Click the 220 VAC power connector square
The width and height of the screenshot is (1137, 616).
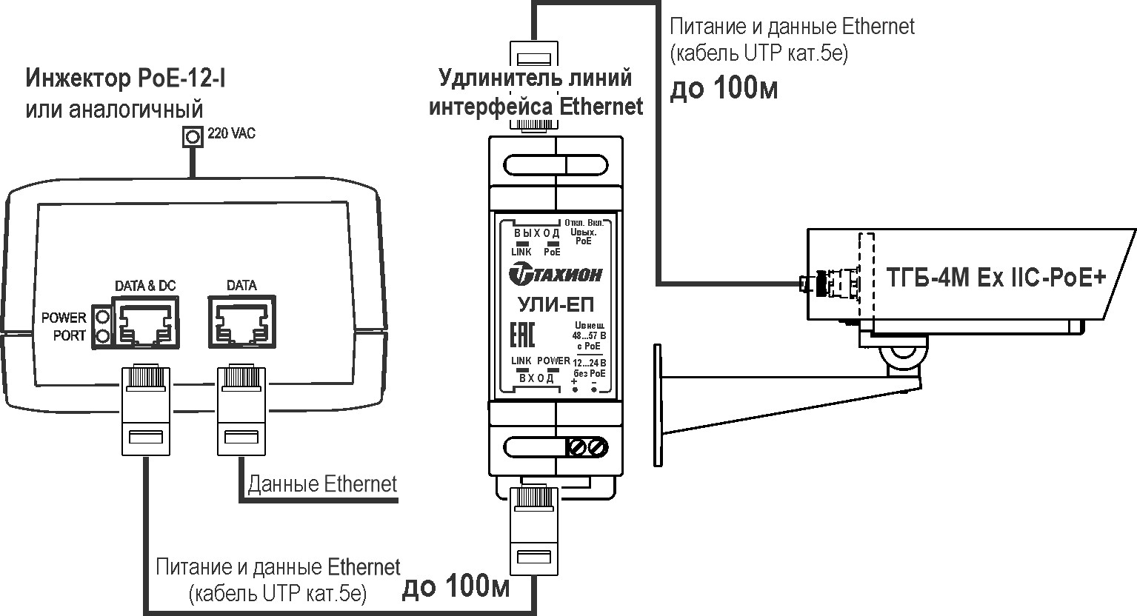pos(193,137)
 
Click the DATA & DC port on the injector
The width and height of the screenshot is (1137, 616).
pos(145,322)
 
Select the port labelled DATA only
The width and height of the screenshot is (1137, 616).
pos(241,322)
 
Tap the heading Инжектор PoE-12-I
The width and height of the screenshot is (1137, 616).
pos(126,78)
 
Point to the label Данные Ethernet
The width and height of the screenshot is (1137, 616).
pos(322,485)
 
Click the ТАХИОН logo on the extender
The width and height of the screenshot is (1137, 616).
pos(556,275)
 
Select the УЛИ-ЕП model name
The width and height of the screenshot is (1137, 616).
pos(556,304)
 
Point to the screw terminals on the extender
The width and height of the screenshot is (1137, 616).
pos(587,446)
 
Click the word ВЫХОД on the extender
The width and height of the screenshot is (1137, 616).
pos(536,233)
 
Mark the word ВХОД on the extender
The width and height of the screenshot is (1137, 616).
pos(536,378)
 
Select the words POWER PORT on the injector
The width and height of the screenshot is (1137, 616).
pos(64,327)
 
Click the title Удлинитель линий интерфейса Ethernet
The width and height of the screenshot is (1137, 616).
pos(536,92)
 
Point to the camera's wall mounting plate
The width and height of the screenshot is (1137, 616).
pos(658,404)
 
